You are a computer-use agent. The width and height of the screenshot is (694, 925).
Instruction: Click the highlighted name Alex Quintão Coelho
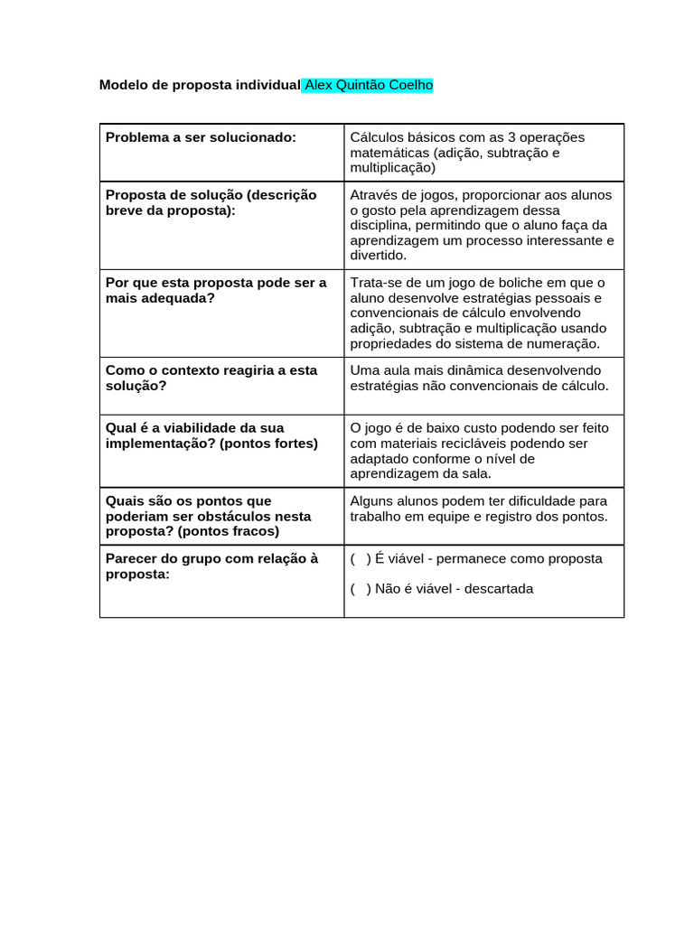(369, 85)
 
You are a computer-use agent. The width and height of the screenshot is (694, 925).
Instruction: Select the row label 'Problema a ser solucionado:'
(201, 137)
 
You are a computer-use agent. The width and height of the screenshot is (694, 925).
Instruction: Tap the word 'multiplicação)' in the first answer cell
(393, 167)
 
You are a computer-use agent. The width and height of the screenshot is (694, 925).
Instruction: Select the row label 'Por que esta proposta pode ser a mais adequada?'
(216, 290)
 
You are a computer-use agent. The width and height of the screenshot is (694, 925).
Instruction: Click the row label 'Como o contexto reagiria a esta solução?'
(211, 378)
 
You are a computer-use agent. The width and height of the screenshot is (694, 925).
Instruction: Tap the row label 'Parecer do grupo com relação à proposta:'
(211, 566)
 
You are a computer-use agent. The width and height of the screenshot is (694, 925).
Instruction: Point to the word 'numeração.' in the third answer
(565, 343)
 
